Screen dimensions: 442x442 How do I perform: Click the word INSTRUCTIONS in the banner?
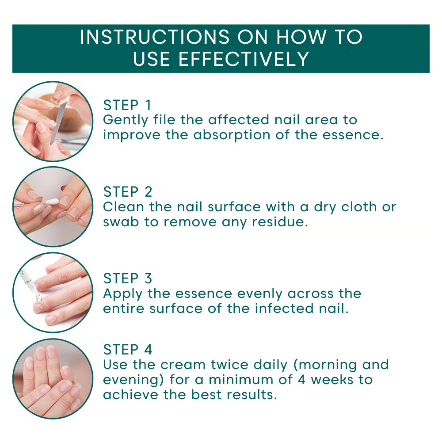pos(155,37)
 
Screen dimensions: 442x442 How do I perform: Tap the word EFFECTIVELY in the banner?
pos(244,59)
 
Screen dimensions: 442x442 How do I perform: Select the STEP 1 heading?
pos(127,105)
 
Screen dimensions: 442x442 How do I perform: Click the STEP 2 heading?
pos(128,192)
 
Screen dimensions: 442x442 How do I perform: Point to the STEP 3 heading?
pos(128,278)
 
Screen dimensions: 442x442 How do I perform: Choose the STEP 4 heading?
pos(128,350)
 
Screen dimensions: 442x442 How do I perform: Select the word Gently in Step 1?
pos(126,120)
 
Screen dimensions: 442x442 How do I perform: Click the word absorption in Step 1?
pos(232,135)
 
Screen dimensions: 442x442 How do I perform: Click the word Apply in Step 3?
pos(122,294)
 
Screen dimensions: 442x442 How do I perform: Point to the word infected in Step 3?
pos(284,309)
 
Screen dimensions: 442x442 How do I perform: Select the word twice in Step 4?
pos(229,365)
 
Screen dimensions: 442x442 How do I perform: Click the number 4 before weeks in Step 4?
pos(301,380)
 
